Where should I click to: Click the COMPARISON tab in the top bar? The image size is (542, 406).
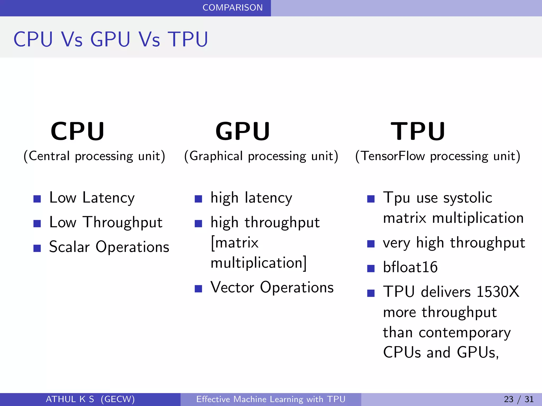coord(232,8)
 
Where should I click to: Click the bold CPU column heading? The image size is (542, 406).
coord(78,131)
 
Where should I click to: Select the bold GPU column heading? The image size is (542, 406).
coord(243,131)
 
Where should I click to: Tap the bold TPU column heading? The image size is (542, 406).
coord(418,131)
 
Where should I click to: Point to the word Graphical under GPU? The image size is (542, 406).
coord(216,156)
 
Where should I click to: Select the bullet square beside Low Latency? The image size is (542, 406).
coord(37,199)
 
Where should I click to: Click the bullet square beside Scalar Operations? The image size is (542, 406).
coord(37,248)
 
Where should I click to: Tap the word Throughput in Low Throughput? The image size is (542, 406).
coord(123,223)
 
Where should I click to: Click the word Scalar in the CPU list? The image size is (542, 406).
coord(69,247)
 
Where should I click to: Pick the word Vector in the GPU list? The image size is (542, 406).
coord(232,287)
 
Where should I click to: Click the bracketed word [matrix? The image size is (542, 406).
coord(234,243)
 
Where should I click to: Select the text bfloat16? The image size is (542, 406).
coord(410,267)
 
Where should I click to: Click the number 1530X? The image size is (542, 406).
coord(498,292)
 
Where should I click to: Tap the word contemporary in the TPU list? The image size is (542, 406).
coord(465,333)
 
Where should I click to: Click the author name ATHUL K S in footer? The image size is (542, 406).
coord(70,399)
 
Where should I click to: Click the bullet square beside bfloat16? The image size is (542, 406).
coord(371,269)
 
